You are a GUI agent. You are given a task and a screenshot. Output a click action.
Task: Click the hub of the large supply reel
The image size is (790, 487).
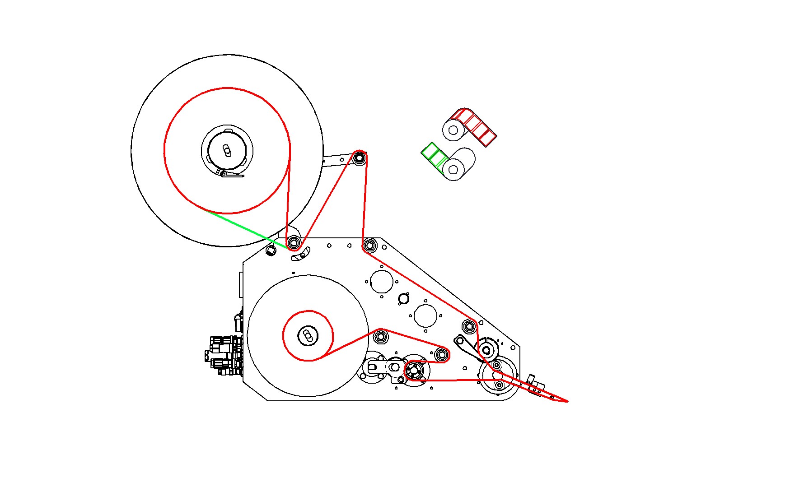(x=227, y=150)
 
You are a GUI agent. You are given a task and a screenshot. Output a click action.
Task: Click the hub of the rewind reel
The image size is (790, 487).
(x=308, y=336)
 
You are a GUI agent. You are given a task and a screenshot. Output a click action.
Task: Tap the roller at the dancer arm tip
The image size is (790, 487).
(x=359, y=158)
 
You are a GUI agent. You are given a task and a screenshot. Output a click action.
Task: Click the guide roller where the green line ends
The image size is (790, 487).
(x=294, y=243)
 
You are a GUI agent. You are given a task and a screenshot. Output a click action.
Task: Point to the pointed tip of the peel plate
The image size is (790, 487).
(x=567, y=401)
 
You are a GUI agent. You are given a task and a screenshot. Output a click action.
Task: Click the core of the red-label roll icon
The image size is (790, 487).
(x=453, y=130)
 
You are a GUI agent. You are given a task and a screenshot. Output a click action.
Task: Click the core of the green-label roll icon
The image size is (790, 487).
(x=453, y=170)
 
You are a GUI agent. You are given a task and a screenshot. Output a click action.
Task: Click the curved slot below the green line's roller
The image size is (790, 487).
(x=300, y=255)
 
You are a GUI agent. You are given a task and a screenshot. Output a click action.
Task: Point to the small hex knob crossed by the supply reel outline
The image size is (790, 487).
(x=271, y=250)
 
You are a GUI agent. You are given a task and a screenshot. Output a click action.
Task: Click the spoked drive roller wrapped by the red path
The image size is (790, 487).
(x=414, y=371)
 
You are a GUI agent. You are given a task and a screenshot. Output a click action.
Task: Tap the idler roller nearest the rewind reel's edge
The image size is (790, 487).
(x=380, y=337)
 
